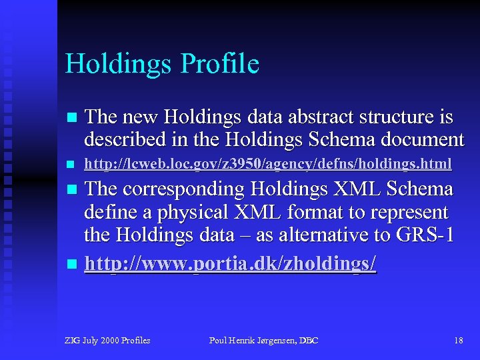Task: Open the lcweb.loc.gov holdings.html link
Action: tap(268, 163)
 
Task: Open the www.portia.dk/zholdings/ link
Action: tap(230, 264)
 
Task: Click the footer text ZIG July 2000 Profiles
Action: tap(107, 341)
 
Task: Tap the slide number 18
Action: tap(458, 341)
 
